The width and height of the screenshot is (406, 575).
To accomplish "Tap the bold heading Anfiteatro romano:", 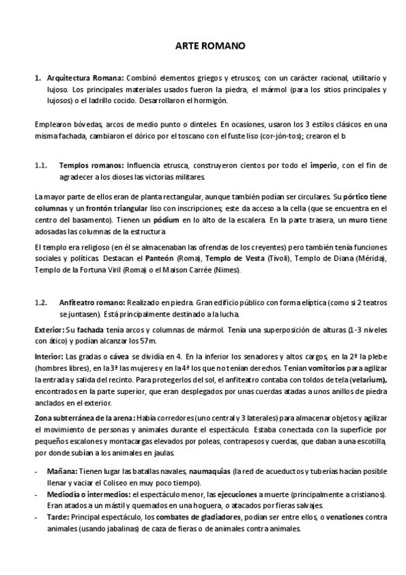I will tap(92, 302).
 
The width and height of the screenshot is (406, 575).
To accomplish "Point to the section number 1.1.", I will tap(41, 165).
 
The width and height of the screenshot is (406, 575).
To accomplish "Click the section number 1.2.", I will tap(41, 302).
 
